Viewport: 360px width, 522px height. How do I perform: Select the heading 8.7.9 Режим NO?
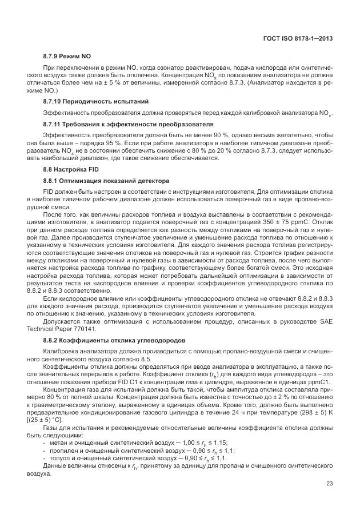click(x=67, y=57)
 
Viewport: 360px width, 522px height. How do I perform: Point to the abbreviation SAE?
click(x=325, y=321)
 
